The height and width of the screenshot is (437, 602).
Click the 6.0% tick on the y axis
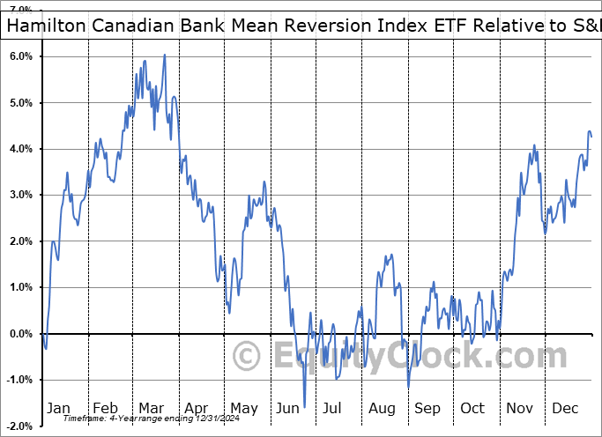[x=20, y=56]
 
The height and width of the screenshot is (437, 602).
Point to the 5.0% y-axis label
[x=20, y=103]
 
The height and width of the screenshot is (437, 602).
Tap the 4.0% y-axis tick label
[x=20, y=149]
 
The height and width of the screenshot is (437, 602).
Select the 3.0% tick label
[x=20, y=195]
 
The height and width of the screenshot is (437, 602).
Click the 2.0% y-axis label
[x=20, y=241]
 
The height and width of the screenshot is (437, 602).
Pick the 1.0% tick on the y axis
[x=20, y=287]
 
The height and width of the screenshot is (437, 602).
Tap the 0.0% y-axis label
[x=20, y=334]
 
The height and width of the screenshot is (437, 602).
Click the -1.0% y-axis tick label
[x=19, y=380]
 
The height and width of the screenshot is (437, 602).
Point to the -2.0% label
[x=19, y=426]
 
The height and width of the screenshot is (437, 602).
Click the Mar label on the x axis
[x=151, y=409]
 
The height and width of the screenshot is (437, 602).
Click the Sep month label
[x=427, y=409]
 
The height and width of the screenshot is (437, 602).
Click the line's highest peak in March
[x=165, y=56]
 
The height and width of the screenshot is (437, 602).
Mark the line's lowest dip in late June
[x=304, y=407]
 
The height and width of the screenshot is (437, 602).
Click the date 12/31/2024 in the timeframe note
[x=182, y=418]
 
